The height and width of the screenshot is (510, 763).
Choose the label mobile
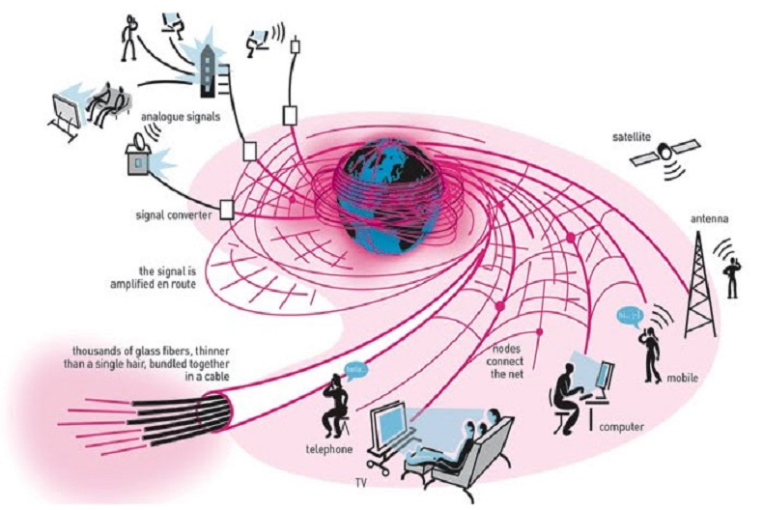(x=682, y=378)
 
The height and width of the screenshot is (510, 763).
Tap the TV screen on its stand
(x=392, y=430)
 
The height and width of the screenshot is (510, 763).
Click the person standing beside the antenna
(x=734, y=276)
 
